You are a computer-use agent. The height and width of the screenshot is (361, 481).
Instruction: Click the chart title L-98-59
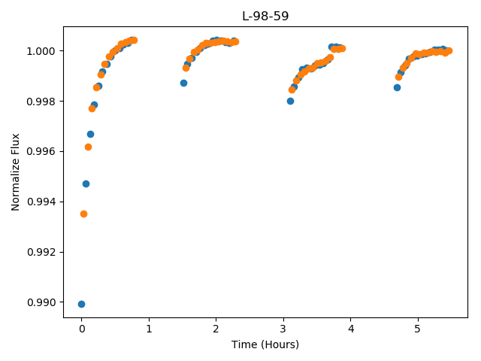[x=265, y=16]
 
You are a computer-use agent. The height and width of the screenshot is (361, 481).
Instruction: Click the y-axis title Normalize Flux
[x=15, y=172]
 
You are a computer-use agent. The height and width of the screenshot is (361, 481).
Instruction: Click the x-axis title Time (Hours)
[x=265, y=344]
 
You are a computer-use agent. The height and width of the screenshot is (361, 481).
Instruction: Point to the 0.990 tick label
[x=41, y=302]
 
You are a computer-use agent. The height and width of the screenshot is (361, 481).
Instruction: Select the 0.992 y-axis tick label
[x=41, y=252]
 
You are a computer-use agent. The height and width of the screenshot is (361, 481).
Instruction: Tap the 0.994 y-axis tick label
[x=41, y=202]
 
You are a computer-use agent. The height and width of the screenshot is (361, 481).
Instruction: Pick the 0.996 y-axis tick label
[x=41, y=151]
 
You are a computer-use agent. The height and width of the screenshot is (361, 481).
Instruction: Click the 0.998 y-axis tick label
[x=41, y=101]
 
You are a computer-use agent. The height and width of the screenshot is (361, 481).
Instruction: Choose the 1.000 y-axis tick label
[x=41, y=50]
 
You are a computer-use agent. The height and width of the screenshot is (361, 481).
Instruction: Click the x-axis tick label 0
[x=82, y=329]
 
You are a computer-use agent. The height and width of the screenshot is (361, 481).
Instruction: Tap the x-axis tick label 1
[x=149, y=329]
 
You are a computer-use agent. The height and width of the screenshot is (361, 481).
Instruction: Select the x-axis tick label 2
[x=216, y=329]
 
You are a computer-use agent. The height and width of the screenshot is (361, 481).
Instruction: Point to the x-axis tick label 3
[x=283, y=329]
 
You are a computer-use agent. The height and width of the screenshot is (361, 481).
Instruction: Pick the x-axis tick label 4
[x=351, y=329]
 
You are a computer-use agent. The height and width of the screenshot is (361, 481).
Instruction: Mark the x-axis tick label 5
[x=418, y=329]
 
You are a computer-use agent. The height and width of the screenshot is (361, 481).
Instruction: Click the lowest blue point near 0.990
[x=81, y=304]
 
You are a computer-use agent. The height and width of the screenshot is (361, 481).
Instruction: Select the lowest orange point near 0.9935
[x=83, y=214]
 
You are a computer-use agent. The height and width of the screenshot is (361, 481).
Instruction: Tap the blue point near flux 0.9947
[x=86, y=184]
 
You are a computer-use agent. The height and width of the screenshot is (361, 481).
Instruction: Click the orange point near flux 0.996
[x=88, y=147]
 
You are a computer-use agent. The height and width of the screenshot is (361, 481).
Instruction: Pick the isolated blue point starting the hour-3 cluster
[x=290, y=101]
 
